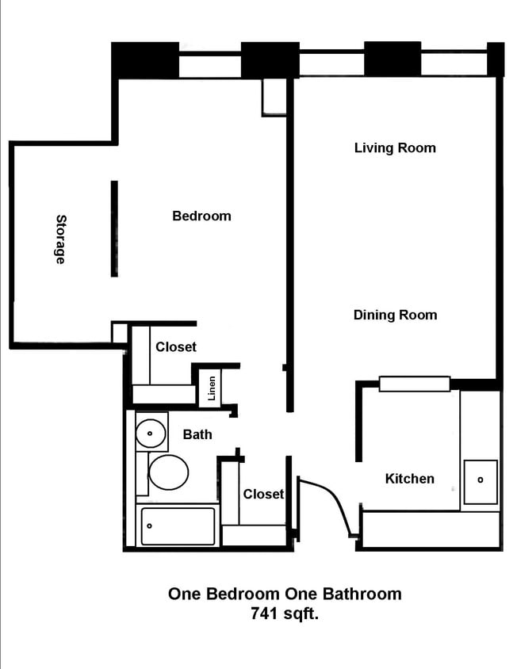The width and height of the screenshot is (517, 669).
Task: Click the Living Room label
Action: (394, 147)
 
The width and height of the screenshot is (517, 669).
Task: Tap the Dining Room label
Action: (394, 315)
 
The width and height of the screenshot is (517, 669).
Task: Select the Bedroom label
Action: (201, 216)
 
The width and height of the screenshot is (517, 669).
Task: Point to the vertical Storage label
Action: (60, 239)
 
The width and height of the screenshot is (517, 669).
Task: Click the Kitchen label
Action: (409, 478)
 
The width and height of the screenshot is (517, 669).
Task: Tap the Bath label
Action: (197, 434)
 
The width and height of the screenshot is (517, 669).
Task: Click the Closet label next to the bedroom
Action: (175, 346)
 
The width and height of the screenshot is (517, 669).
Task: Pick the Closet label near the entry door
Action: (262, 494)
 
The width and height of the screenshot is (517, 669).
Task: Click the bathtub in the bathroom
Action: (178, 526)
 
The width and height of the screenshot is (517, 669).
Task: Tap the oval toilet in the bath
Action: (168, 472)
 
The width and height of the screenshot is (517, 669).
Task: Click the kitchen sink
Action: (481, 481)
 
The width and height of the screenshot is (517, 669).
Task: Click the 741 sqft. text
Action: (284, 613)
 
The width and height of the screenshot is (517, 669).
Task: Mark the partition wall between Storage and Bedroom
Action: (114, 228)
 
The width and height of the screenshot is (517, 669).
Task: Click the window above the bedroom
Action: (209, 65)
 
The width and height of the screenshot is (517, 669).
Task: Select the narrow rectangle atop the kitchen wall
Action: (414, 384)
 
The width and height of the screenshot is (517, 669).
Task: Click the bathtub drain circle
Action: (149, 524)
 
